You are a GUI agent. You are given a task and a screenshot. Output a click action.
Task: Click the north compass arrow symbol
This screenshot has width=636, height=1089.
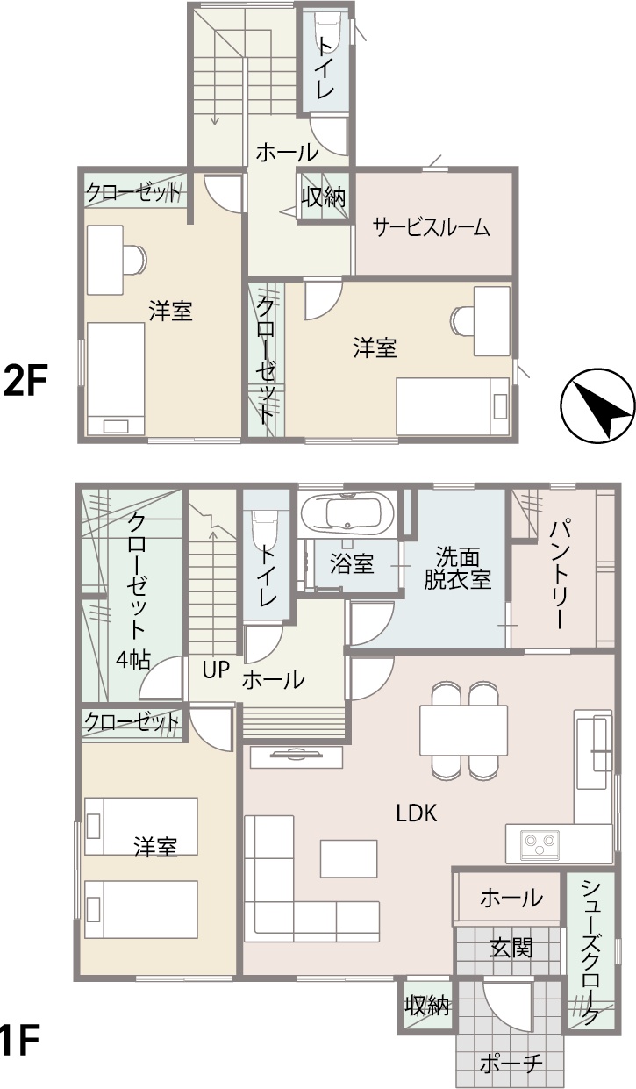click(x=597, y=406)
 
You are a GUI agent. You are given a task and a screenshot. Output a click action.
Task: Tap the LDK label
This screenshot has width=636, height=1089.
click(x=417, y=813)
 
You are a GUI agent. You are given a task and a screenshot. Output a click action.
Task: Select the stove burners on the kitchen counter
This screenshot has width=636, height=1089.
click(x=540, y=843)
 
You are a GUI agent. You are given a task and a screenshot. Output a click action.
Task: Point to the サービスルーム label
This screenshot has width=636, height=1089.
click(x=431, y=227)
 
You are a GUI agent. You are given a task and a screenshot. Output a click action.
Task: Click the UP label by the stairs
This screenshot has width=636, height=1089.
click(x=216, y=670)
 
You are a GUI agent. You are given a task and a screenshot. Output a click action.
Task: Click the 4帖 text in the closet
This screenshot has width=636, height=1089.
click(x=133, y=660)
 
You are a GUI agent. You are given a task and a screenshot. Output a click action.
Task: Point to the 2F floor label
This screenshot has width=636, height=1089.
click(x=25, y=381)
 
